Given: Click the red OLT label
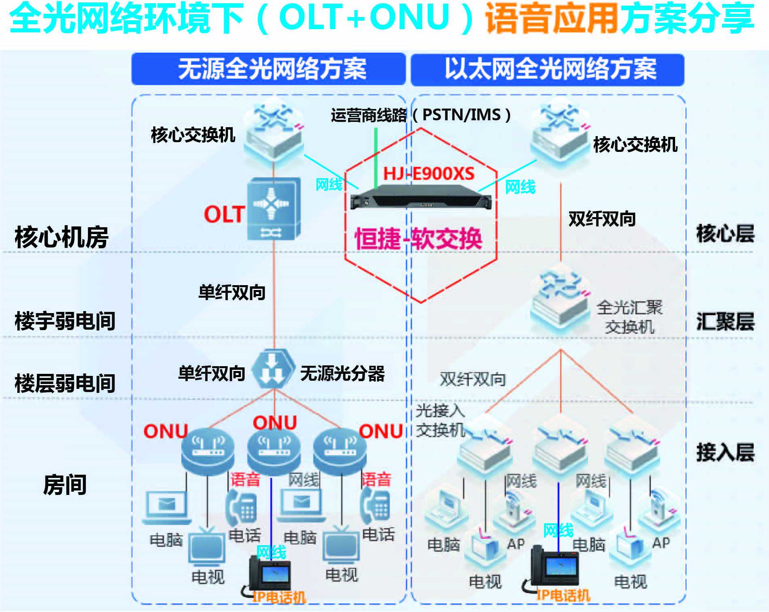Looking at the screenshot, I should tap(224, 214).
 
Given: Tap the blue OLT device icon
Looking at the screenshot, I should tap(274, 209).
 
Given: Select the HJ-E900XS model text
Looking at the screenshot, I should tap(429, 174).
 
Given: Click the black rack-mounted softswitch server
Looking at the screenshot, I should tap(421, 197).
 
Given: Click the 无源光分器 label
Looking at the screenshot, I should tap(342, 373).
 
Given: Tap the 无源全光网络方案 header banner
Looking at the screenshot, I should tap(269, 69).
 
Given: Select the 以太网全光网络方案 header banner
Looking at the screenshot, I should tap(547, 69).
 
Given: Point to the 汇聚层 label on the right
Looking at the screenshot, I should tap(725, 322).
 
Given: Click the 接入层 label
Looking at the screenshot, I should tap(725, 452).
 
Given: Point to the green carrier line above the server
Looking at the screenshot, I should tap(376, 158).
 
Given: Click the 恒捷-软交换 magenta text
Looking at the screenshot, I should tap(418, 239).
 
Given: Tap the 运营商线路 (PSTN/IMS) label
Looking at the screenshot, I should tap(421, 115).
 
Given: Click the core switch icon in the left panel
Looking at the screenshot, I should tap(274, 134).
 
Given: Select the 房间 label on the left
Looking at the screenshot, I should tap(65, 484).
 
